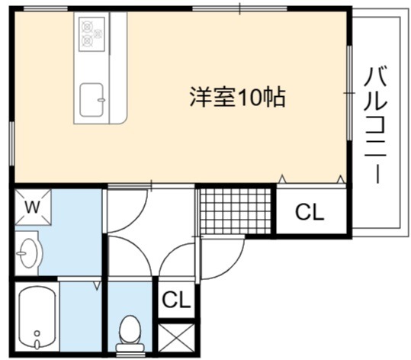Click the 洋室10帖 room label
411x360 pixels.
coord(237,97)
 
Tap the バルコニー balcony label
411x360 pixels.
coord(376,125)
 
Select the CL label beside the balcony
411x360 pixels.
coord(310,212)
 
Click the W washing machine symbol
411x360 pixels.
coord(33,207)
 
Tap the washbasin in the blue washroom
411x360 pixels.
coord(27,253)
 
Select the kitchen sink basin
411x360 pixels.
coord(92,100)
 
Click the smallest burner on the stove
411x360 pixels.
coord(98,34)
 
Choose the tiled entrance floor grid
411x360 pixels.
coord(236,211)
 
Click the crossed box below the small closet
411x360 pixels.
coord(176,338)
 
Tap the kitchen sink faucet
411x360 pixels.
coord(101,100)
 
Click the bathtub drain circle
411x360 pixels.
coord(37,333)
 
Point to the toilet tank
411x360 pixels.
coord(130,347)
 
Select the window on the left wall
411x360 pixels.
coord(11,143)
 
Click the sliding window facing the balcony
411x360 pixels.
coord(349,93)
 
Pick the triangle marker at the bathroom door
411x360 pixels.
coord(97,286)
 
